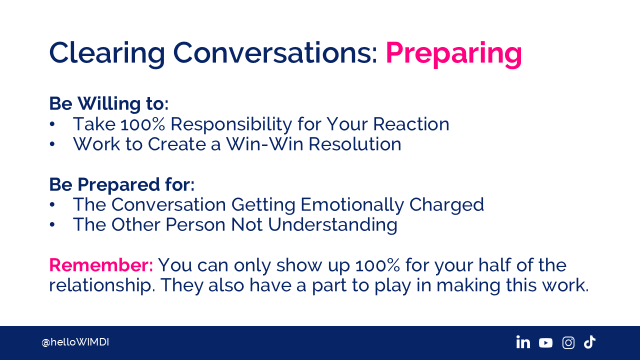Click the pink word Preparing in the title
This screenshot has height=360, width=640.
coord(453,54)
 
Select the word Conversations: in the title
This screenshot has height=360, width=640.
coord(275,53)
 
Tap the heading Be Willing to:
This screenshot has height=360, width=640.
coord(109,103)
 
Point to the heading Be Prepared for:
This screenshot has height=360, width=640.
coord(122,185)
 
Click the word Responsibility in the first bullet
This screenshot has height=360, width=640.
coord(231,124)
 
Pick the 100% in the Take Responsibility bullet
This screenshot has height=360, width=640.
coord(143,124)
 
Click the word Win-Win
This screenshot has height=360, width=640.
coord(265,144)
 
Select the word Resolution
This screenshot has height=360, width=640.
coord(355,144)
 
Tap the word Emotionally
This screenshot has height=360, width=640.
coord(352,205)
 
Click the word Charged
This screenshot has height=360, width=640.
coord(446,205)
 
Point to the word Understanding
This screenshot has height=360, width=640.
coord(332,225)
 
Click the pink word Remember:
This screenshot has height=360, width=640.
coord(101,265)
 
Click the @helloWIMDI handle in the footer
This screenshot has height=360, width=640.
coord(75,342)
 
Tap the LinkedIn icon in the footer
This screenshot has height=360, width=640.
coord(523,342)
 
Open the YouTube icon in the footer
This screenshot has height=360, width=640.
coord(545,343)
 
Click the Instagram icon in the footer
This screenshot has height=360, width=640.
coord(568,342)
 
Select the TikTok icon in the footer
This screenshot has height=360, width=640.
coord(589,342)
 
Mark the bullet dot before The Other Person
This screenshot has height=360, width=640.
coord(52,225)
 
